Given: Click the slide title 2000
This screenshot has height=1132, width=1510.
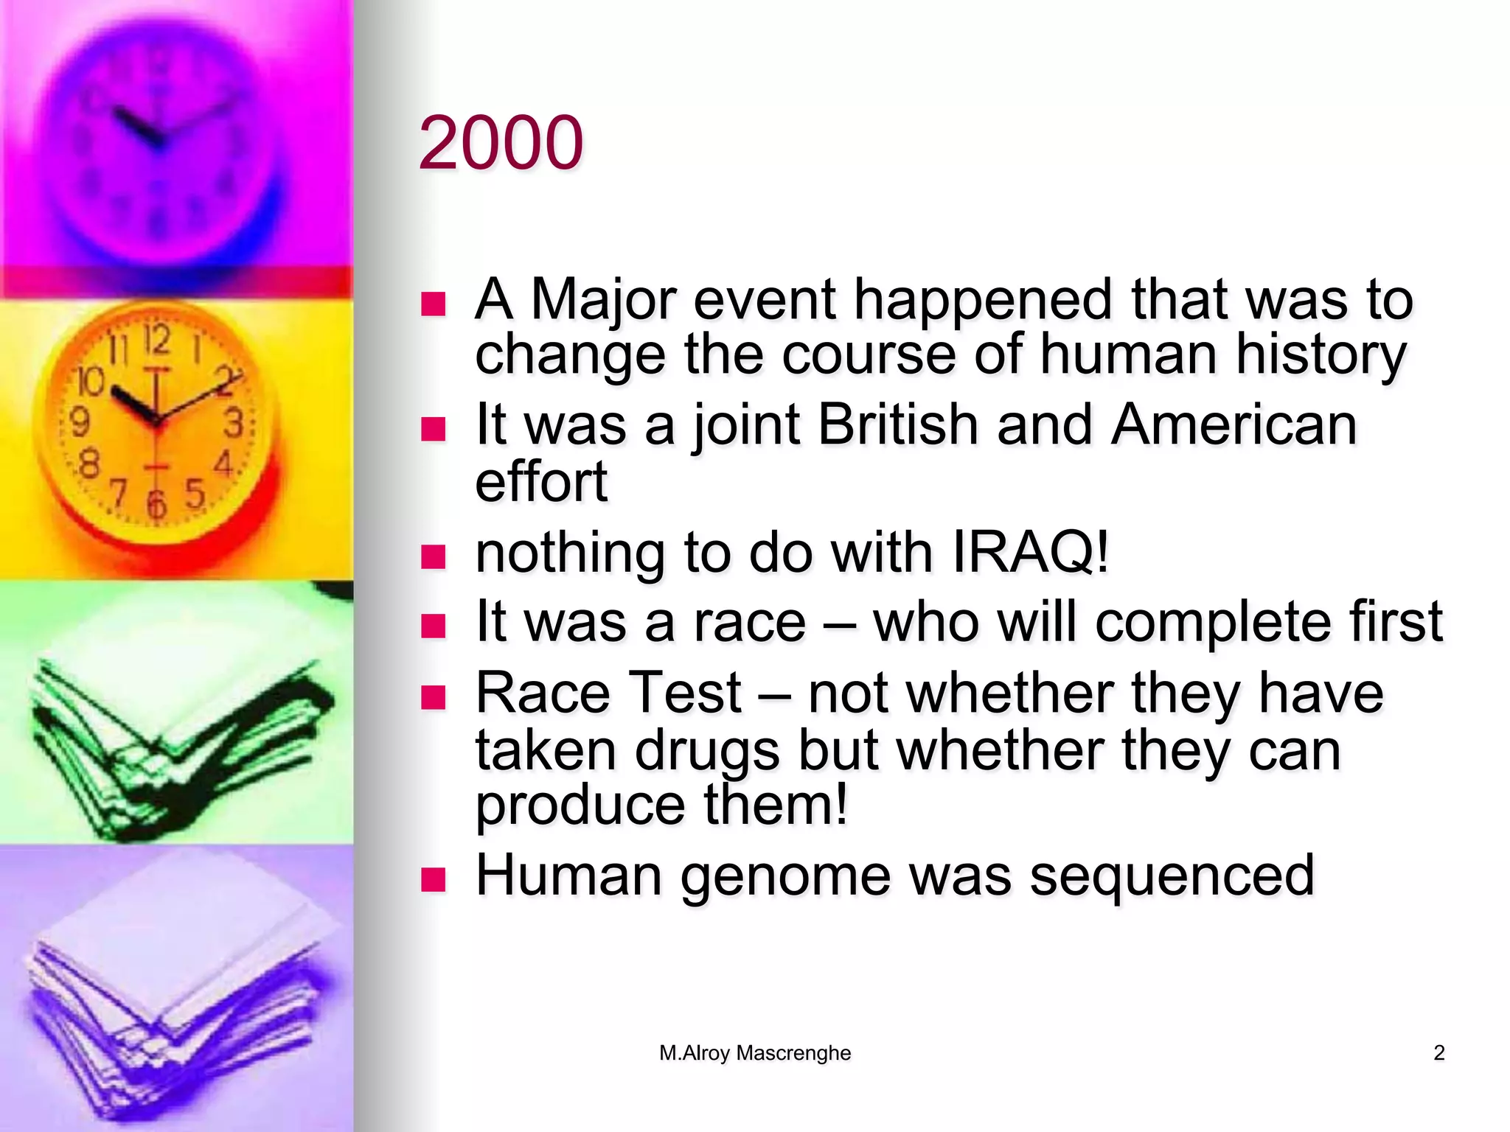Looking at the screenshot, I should click(501, 142).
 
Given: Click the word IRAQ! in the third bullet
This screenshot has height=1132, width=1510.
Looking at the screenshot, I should click(1030, 552).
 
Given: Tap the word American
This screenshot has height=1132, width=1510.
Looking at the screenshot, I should click(1234, 425).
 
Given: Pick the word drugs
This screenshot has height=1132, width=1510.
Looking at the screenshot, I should click(706, 751).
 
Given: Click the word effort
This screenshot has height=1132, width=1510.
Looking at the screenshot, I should click(540, 482).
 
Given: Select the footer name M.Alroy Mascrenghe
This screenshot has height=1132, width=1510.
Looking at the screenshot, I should click(754, 1052).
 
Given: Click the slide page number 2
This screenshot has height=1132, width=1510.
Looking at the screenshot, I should click(1438, 1052).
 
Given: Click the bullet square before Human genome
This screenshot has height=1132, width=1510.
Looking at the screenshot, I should click(433, 878).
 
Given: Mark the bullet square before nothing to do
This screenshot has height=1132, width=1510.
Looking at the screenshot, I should click(433, 556).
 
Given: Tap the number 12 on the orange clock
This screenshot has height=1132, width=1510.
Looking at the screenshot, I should click(156, 340).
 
